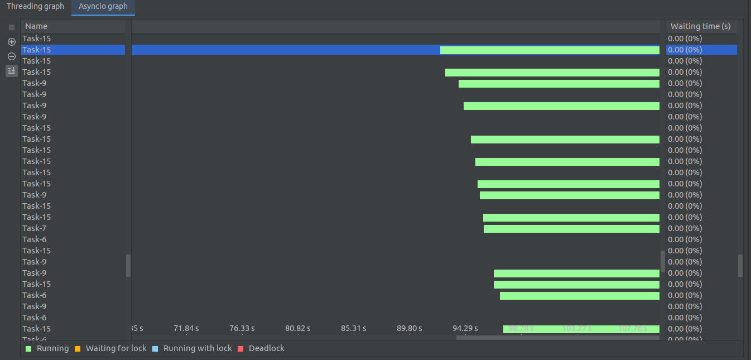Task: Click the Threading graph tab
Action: tap(35, 7)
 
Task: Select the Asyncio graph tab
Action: tap(103, 7)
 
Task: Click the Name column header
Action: tap(36, 26)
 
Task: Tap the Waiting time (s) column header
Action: tap(700, 26)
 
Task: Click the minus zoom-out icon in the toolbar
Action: tap(12, 56)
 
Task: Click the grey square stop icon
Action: tap(12, 27)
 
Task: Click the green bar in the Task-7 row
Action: tap(571, 229)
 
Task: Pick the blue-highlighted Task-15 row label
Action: tap(37, 50)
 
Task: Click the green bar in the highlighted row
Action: tap(549, 50)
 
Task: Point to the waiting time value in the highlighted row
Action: tap(685, 50)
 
